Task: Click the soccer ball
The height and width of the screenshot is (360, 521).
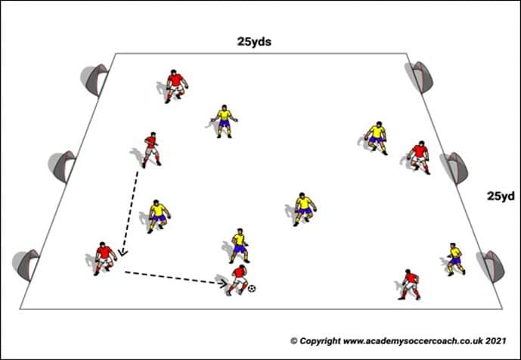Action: (252, 289)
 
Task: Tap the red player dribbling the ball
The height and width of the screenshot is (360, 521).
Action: (237, 281)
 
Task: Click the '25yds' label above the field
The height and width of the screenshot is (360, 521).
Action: (254, 42)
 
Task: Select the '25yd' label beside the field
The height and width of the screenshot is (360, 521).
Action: (501, 196)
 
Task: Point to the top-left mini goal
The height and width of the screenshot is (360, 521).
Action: (95, 79)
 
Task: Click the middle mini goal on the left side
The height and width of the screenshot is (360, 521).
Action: (63, 166)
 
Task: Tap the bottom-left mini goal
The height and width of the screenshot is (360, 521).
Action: (26, 265)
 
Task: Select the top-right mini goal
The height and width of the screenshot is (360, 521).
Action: (420, 77)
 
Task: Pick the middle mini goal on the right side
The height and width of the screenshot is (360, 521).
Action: (454, 168)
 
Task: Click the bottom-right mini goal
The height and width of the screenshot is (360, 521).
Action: (491, 266)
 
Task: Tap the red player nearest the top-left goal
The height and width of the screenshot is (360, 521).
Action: (176, 86)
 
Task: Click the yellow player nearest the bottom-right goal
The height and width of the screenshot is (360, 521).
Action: (455, 259)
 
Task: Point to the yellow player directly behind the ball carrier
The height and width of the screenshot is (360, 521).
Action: (240, 246)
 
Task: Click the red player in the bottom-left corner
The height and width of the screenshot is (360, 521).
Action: (105, 259)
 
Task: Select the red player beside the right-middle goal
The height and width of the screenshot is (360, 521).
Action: (419, 157)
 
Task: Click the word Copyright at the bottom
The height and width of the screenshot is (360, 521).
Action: (321, 341)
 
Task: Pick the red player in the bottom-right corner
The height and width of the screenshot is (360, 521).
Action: (410, 284)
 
